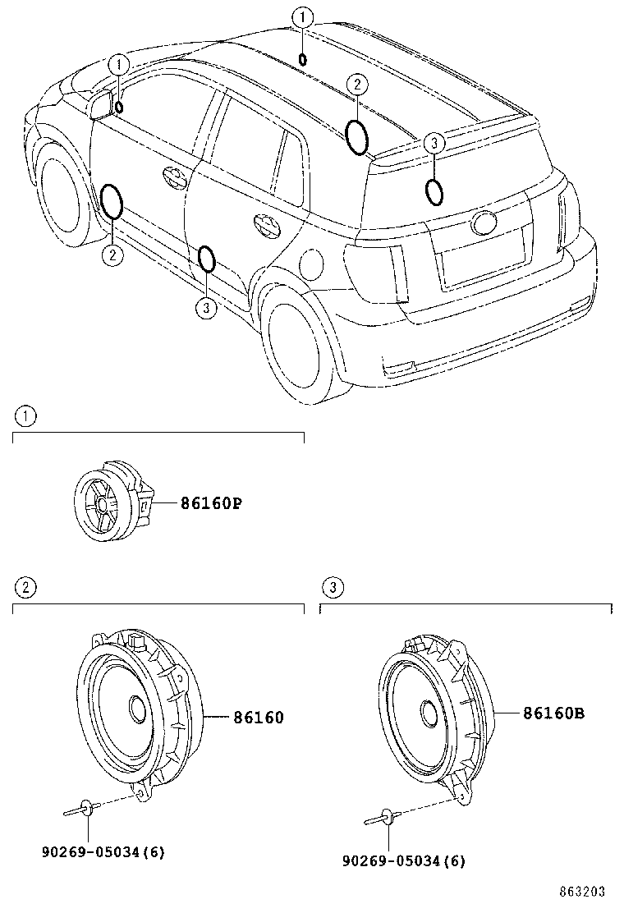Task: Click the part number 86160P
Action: click(211, 503)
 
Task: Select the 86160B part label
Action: click(554, 713)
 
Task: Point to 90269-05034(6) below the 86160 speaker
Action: click(103, 851)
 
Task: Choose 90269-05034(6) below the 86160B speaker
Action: click(405, 860)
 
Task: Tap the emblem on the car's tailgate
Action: click(483, 222)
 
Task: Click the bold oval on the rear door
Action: click(207, 259)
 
